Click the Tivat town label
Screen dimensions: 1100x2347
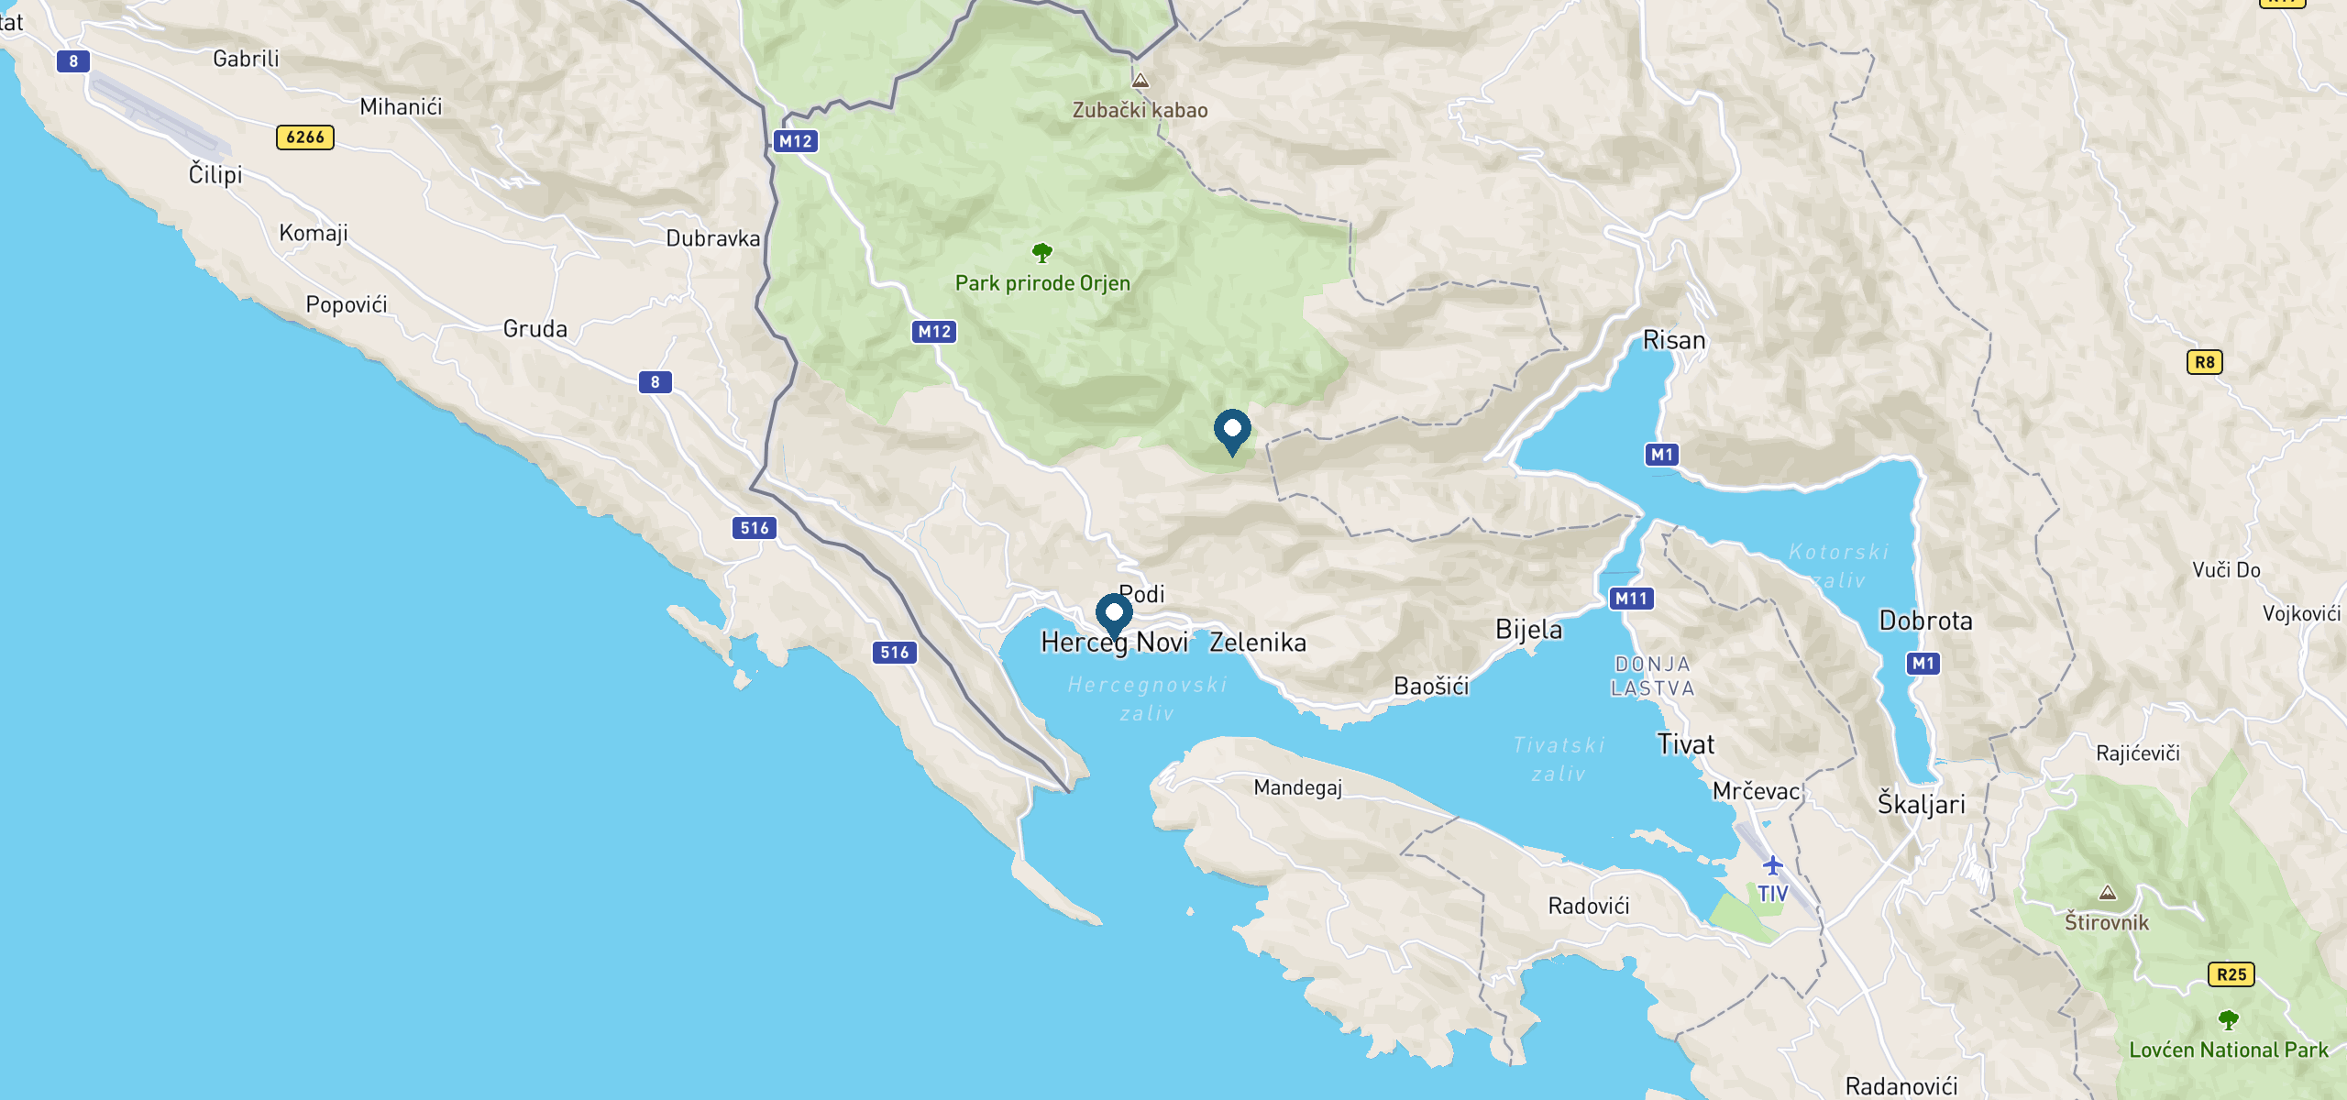coord(1685,744)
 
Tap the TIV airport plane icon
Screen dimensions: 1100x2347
coord(1773,865)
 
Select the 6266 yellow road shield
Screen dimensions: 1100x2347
coord(305,137)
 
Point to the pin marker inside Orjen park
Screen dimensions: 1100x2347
coord(1232,429)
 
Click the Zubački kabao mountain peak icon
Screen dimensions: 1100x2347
coord(1140,81)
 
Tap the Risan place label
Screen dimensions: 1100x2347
coord(1674,340)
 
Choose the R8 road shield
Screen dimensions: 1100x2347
coord(2204,362)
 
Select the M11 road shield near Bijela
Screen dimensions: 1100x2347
coord(1631,599)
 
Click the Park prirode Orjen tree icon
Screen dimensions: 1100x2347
coord(1042,252)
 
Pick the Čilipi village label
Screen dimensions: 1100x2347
coord(215,174)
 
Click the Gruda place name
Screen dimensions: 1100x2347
coord(535,329)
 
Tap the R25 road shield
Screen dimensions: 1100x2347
coord(2231,974)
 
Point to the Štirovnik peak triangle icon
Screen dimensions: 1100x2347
coord(2108,893)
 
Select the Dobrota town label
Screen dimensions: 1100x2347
coord(1925,621)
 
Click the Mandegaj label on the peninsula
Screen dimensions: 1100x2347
coord(1297,787)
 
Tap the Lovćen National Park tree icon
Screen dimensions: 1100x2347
coord(2229,1019)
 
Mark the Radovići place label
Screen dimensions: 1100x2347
coord(1589,907)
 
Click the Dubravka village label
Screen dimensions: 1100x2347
coord(712,239)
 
